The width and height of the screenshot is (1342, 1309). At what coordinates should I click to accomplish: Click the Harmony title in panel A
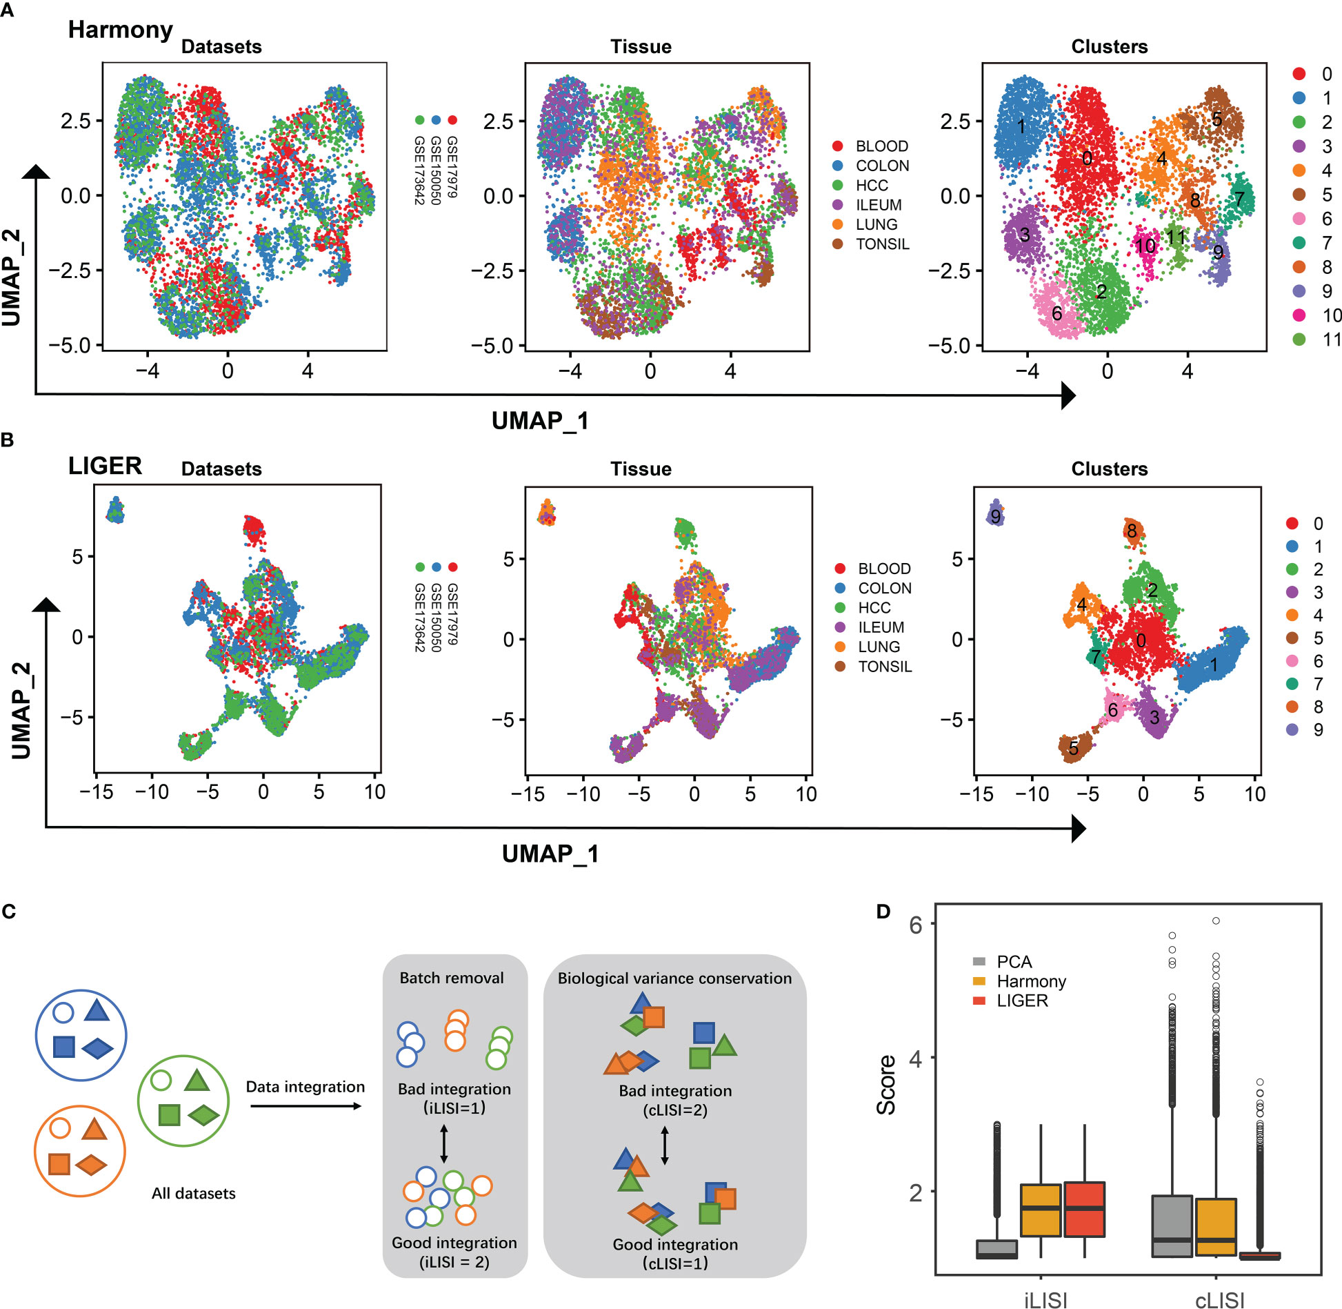[x=120, y=30]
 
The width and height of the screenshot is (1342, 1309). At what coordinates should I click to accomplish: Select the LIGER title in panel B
[x=105, y=466]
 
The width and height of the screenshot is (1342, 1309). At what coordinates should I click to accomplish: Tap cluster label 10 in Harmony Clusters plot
[x=1145, y=246]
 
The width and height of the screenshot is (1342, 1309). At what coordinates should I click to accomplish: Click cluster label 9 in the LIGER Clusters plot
[x=995, y=516]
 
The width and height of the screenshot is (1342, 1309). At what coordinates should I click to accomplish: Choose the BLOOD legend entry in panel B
[x=883, y=569]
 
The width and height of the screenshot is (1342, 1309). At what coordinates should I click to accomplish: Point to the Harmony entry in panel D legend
[x=1030, y=981]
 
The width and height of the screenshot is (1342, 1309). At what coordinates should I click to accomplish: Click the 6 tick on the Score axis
[x=916, y=925]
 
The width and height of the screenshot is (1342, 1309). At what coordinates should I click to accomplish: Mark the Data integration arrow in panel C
[x=306, y=1106]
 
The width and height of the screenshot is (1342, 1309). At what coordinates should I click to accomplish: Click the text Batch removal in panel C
[x=452, y=978]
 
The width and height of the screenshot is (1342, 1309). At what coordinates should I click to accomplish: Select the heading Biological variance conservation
[x=674, y=978]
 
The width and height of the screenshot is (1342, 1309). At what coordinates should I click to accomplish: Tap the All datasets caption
[x=194, y=1193]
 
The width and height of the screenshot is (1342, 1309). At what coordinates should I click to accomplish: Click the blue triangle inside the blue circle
[x=97, y=1012]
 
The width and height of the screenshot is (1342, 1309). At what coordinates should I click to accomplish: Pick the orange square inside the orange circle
[x=59, y=1164]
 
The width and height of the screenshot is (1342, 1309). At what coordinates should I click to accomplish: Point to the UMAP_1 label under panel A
[x=540, y=421]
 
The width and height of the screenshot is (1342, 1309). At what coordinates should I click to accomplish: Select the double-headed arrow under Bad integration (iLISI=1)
[x=444, y=1143]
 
